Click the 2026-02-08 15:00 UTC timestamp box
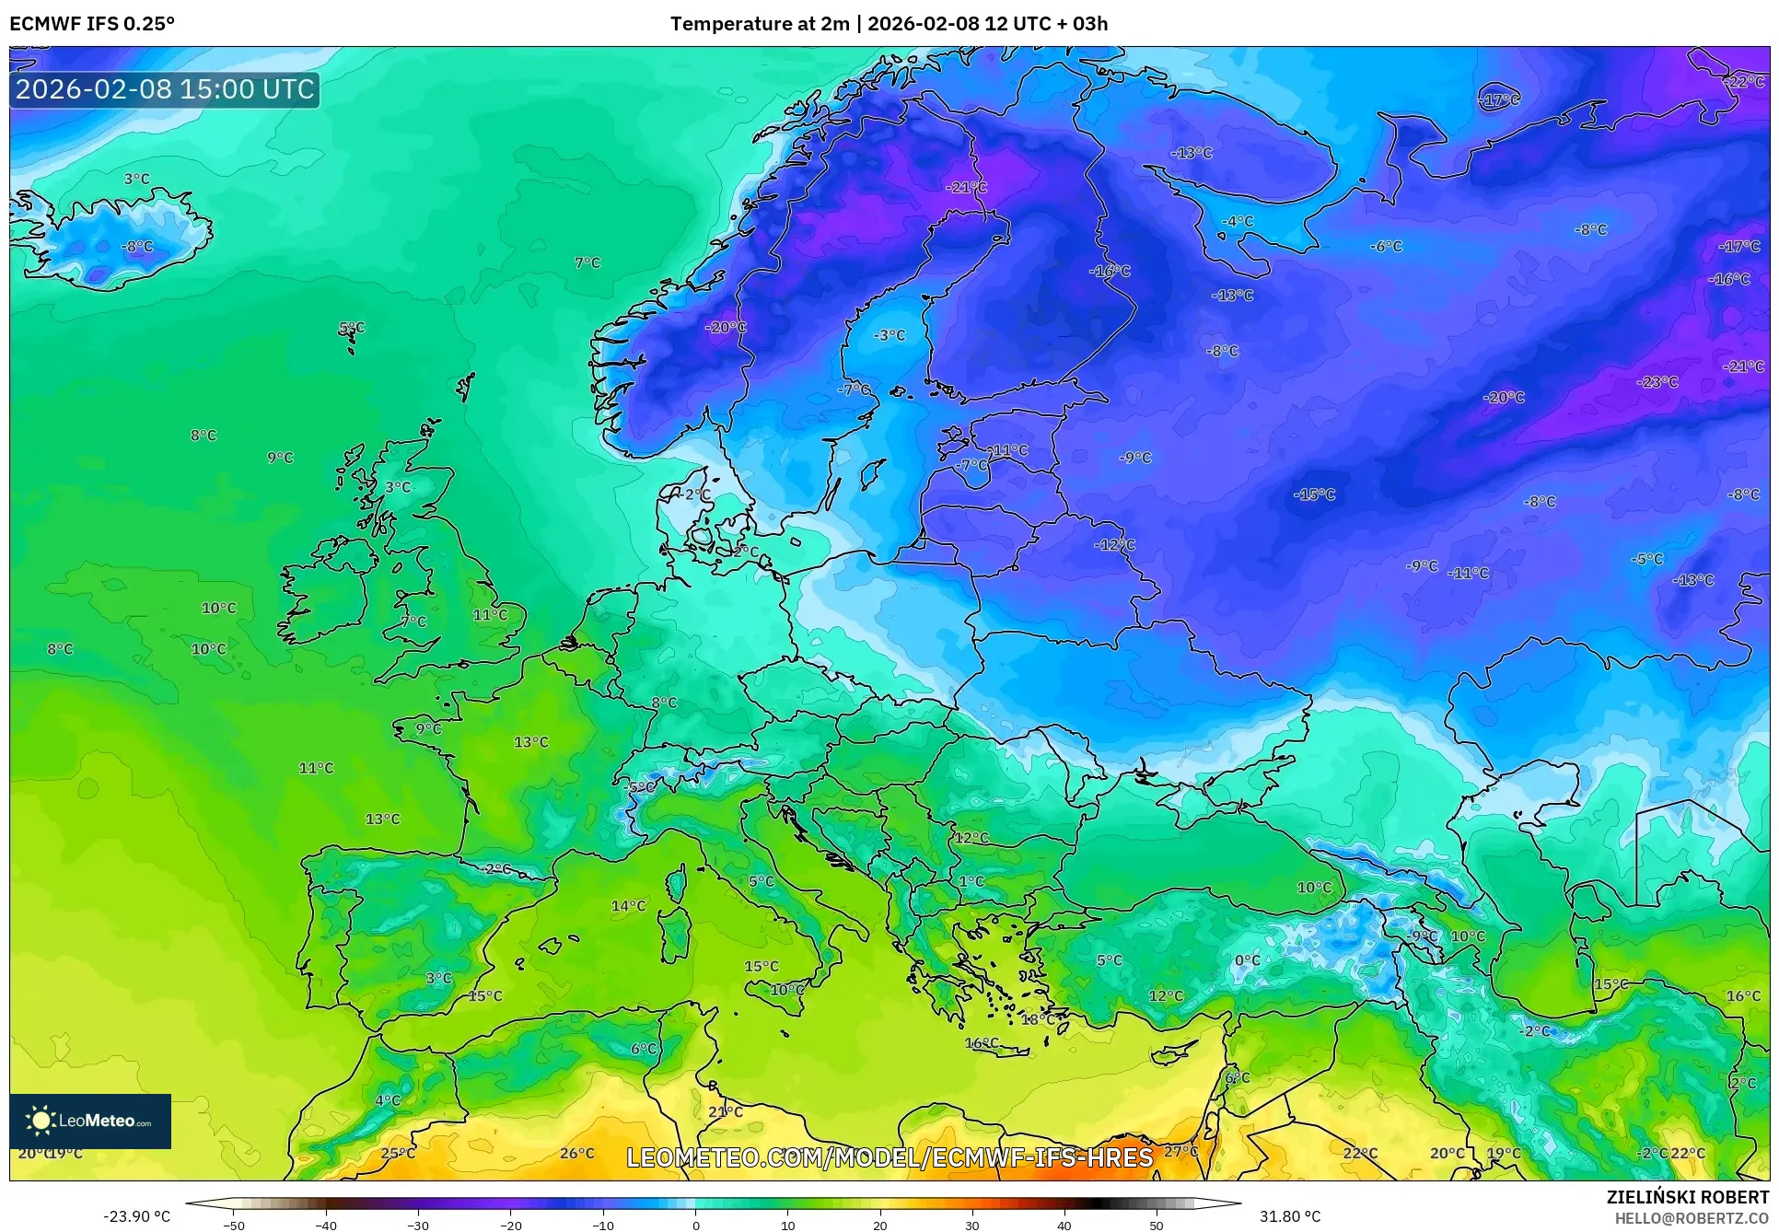pos(165,89)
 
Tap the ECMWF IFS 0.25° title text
pos(92,24)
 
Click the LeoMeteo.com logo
pos(90,1121)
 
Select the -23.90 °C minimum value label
pos(136,1216)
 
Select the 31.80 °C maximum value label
pos(1290,1216)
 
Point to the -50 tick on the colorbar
pos(234,1226)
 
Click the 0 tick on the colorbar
pos(695,1226)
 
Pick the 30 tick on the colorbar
pos(972,1226)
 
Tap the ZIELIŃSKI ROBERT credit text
pos(1688,1197)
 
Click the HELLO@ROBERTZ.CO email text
pos(1692,1218)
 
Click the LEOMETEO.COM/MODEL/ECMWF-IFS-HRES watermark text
pos(889,1157)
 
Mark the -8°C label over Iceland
pos(137,247)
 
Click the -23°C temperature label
pos(1657,382)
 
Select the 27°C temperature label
pos(1181,1151)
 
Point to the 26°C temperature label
pos(577,1153)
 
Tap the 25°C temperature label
pos(398,1153)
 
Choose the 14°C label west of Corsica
pos(629,906)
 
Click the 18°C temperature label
pos(1038,1019)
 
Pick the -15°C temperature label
pos(1314,494)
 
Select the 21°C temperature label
pos(726,1111)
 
